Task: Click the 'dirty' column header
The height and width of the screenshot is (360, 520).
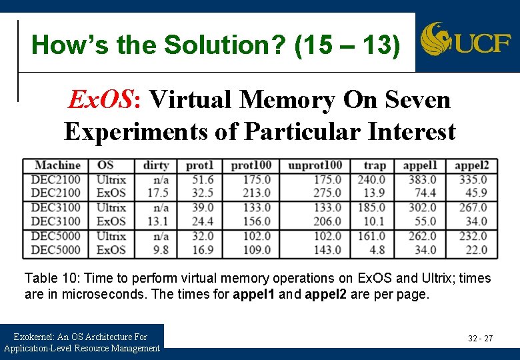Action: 155,165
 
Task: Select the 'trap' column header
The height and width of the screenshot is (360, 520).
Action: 374,165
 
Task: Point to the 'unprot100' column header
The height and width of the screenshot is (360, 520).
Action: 315,165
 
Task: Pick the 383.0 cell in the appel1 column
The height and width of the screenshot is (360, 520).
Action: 422,179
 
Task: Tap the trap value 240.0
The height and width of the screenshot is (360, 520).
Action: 371,179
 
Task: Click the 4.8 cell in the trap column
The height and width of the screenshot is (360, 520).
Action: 377,250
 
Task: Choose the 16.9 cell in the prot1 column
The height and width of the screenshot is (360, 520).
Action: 203,250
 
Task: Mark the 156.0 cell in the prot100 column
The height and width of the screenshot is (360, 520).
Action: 257,221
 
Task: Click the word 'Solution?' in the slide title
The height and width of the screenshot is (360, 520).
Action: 217,45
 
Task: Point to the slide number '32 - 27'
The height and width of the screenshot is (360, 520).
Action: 480,339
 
